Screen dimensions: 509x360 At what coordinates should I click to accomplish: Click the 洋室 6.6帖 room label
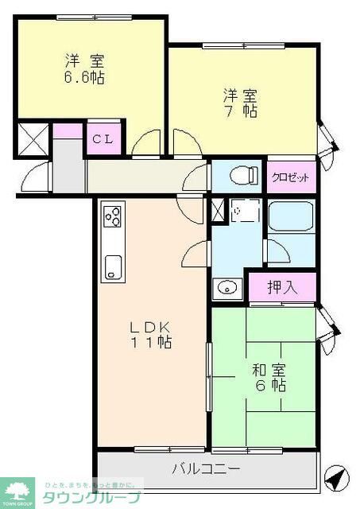point(84,69)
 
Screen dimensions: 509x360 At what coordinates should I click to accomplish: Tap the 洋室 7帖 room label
point(239,103)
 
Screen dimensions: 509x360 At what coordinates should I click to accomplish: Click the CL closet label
point(103,140)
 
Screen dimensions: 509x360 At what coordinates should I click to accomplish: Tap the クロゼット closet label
point(291,177)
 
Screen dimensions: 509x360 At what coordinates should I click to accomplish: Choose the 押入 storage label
point(281,287)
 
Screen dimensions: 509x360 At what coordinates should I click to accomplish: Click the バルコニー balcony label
point(206,469)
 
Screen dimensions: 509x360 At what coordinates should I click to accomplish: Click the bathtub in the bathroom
point(291,216)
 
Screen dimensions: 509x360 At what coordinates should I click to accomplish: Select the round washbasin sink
point(226,288)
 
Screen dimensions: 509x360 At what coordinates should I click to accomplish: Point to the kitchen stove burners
point(112,216)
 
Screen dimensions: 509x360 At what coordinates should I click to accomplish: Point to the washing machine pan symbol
point(245,211)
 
